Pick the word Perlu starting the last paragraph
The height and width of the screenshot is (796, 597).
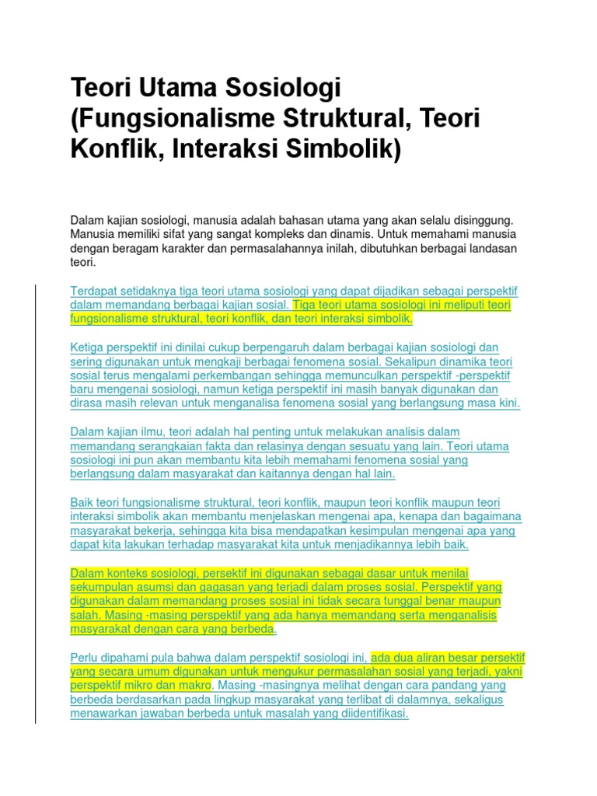click(x=85, y=658)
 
